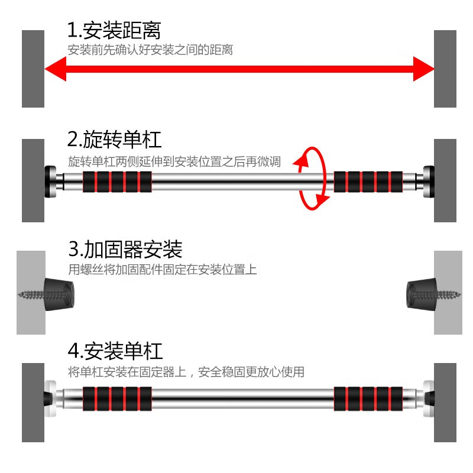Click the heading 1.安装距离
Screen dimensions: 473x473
(x=114, y=30)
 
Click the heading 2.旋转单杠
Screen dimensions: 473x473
(x=114, y=140)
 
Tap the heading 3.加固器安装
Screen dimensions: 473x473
(x=125, y=250)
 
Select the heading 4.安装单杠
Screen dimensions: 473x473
(x=115, y=351)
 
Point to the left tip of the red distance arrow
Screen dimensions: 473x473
(x=47, y=69)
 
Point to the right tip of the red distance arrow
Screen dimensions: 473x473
(x=432, y=69)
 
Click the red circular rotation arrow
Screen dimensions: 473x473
(x=313, y=179)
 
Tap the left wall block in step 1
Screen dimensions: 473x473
(x=33, y=69)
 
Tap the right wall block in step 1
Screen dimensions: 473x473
(x=445, y=69)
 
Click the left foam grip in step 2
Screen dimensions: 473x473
(x=117, y=182)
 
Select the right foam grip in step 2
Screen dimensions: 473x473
(x=368, y=181)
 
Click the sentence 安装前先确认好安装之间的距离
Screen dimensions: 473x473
(x=150, y=50)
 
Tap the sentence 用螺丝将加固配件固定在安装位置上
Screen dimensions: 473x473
(x=163, y=270)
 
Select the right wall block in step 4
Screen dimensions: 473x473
(x=445, y=402)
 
